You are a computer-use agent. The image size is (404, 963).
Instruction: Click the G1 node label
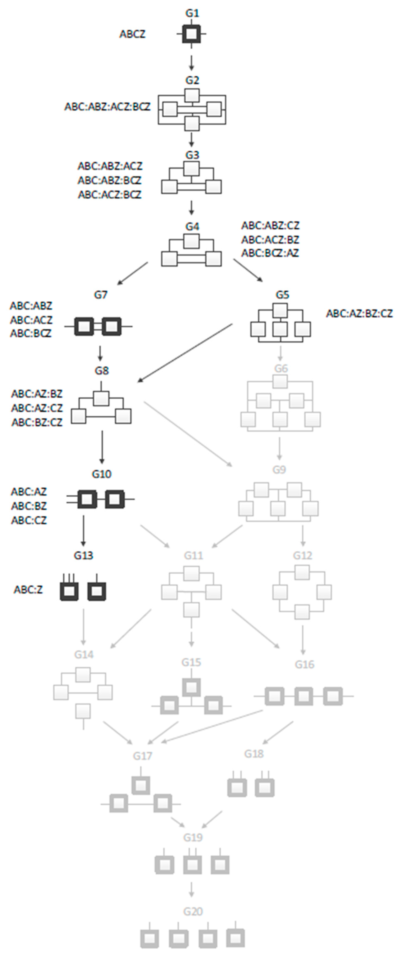pyautogui.click(x=192, y=13)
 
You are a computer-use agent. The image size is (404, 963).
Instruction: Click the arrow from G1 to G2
pyautogui.click(x=191, y=63)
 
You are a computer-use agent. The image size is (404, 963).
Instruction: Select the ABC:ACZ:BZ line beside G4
pyautogui.click(x=270, y=239)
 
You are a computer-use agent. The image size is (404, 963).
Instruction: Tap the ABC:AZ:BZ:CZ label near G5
pyautogui.click(x=359, y=313)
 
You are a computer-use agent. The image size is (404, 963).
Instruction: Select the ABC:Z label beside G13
pyautogui.click(x=28, y=590)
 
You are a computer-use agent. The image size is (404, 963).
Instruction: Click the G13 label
pyautogui.click(x=83, y=556)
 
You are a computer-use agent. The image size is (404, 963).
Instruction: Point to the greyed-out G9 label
pyautogui.click(x=279, y=470)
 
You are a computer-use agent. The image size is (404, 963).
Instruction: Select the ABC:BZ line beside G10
pyautogui.click(x=29, y=506)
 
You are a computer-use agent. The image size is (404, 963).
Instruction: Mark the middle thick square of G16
pyautogui.click(x=303, y=696)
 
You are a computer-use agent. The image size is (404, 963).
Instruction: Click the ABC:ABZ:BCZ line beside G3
pyautogui.click(x=110, y=180)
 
